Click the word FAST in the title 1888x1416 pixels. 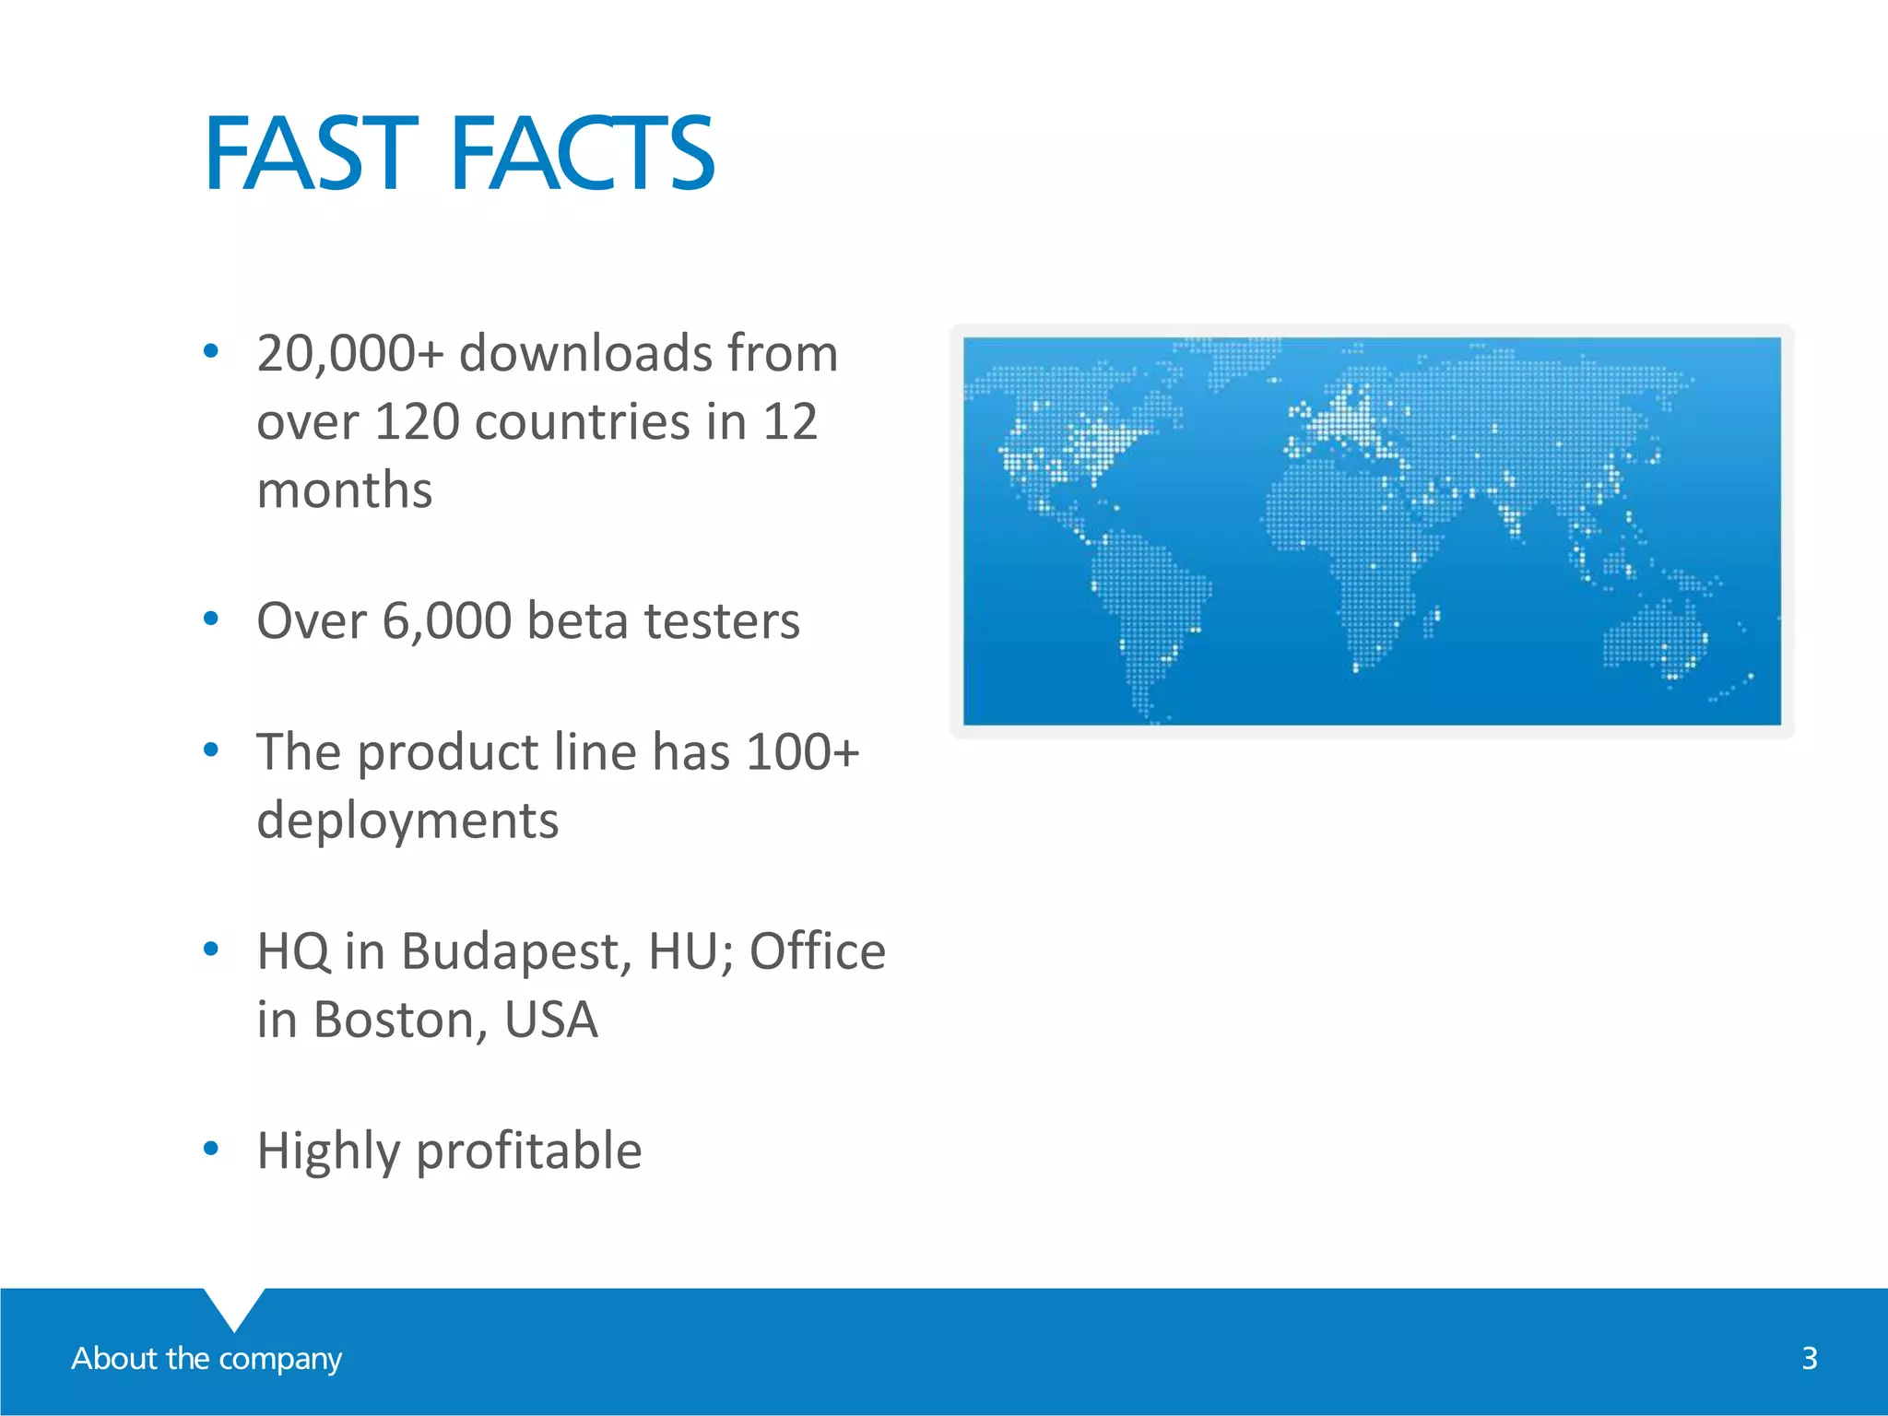pyautogui.click(x=311, y=153)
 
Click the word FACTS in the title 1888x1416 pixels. pyautogui.click(x=583, y=153)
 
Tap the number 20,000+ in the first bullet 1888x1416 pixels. pyautogui.click(x=350, y=354)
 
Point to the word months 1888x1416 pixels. pyautogui.click(x=344, y=490)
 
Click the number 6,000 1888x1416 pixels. pyautogui.click(x=446, y=620)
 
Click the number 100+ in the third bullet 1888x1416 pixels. pyautogui.click(x=802, y=752)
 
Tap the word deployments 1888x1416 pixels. pyautogui.click(x=407, y=820)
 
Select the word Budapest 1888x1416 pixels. pyautogui.click(x=515, y=951)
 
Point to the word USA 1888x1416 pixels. pyautogui.click(x=550, y=1020)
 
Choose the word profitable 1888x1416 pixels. pyautogui.click(x=528, y=1151)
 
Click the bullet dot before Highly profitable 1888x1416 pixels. pyautogui.click(x=211, y=1149)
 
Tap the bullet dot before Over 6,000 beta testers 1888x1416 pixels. pyautogui.click(x=211, y=619)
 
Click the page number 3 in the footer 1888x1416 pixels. pyautogui.click(x=1809, y=1358)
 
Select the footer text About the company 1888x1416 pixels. pyautogui.click(x=206, y=1358)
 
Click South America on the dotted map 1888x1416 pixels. pyautogui.click(x=1148, y=599)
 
